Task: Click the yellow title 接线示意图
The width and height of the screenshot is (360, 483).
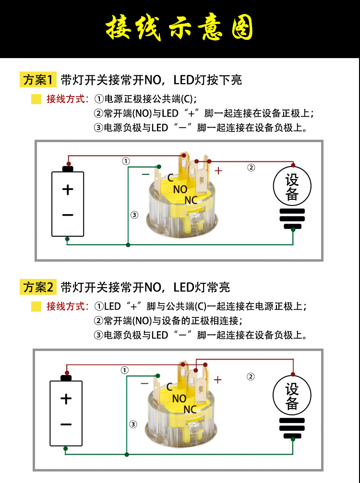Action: (x=180, y=28)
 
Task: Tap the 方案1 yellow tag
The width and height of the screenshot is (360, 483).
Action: (x=38, y=80)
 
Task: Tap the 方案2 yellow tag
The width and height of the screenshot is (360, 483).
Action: (x=38, y=288)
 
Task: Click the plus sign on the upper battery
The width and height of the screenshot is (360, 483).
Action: (x=68, y=190)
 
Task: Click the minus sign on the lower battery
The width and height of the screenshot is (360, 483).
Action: (x=66, y=424)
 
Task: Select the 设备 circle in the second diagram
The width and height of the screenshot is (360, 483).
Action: (x=292, y=396)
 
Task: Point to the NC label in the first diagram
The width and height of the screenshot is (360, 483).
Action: (x=191, y=200)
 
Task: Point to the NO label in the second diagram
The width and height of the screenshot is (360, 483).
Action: (x=179, y=398)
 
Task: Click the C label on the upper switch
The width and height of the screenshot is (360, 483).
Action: (x=170, y=178)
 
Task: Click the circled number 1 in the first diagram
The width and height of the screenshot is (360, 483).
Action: (x=126, y=161)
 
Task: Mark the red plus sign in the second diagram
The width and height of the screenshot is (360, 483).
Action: (x=218, y=380)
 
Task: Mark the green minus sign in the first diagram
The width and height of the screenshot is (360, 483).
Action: (x=146, y=174)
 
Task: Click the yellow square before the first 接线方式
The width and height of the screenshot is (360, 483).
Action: (x=36, y=99)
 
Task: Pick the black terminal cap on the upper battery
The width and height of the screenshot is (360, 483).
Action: (x=68, y=169)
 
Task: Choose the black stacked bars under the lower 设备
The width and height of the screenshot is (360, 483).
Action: (x=292, y=427)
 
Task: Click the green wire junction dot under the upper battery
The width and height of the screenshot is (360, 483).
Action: (x=67, y=239)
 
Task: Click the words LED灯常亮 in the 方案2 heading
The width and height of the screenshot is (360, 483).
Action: (x=202, y=288)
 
